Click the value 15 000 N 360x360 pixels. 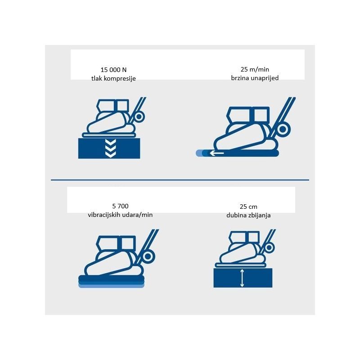point(113,70)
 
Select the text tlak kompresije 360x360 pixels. point(113,78)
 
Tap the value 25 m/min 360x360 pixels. point(255,69)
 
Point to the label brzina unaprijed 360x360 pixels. point(255,78)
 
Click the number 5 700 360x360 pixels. point(120,206)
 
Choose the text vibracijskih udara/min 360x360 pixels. point(120,215)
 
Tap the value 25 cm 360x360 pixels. point(248,207)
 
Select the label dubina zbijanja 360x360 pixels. point(248,216)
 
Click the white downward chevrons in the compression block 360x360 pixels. point(110,148)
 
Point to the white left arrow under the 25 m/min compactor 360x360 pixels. point(216,153)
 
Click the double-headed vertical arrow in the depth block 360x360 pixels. point(242,278)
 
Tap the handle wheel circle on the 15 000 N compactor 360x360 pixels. point(139,117)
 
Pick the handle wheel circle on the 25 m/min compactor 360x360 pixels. point(283,129)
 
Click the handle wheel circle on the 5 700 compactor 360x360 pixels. point(148,256)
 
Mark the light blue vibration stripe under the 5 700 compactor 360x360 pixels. point(111,286)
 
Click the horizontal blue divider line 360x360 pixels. point(180,180)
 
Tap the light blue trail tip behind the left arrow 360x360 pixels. point(198,153)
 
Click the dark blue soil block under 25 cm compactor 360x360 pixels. point(243,278)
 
